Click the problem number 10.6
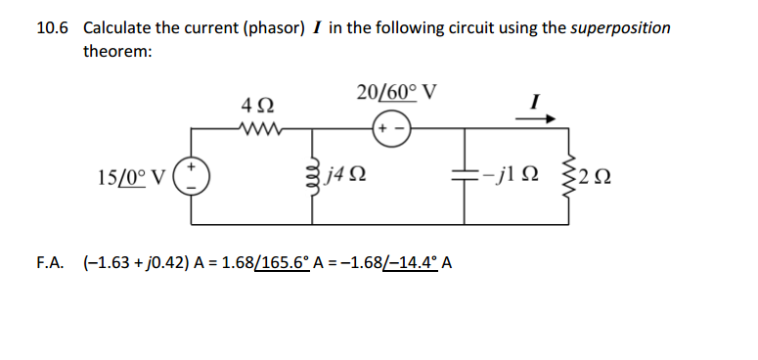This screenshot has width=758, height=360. pos(52,27)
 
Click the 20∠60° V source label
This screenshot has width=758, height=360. pos(396,93)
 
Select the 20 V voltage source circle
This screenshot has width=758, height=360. pos(392,127)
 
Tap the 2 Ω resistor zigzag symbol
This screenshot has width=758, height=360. pos(563,177)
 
